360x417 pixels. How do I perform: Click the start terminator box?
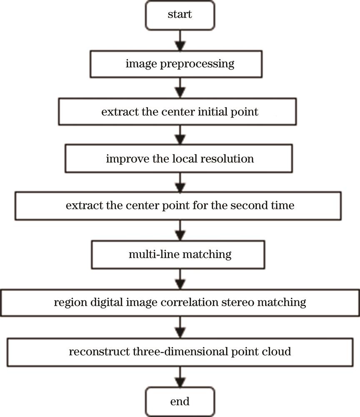click(x=180, y=15)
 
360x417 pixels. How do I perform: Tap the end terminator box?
click(x=180, y=402)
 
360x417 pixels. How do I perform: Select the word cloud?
click(x=280, y=352)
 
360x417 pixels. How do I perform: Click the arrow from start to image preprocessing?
click(x=180, y=40)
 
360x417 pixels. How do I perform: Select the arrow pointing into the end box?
click(x=180, y=377)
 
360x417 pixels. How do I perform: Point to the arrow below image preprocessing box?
click(x=180, y=88)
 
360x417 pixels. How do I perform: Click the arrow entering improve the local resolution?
click(x=180, y=136)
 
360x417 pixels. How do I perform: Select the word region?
click(x=67, y=302)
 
